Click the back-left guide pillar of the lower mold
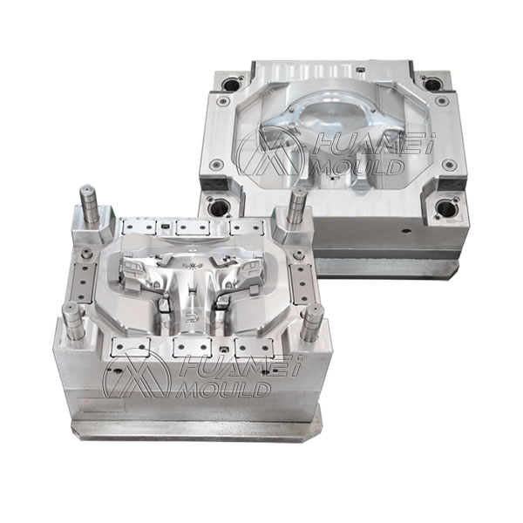(x=90, y=206)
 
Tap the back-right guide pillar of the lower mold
(x=297, y=207)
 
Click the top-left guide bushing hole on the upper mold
(x=232, y=85)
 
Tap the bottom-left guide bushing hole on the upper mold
(x=218, y=207)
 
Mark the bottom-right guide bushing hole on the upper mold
(x=446, y=208)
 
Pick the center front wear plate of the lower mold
(x=195, y=347)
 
